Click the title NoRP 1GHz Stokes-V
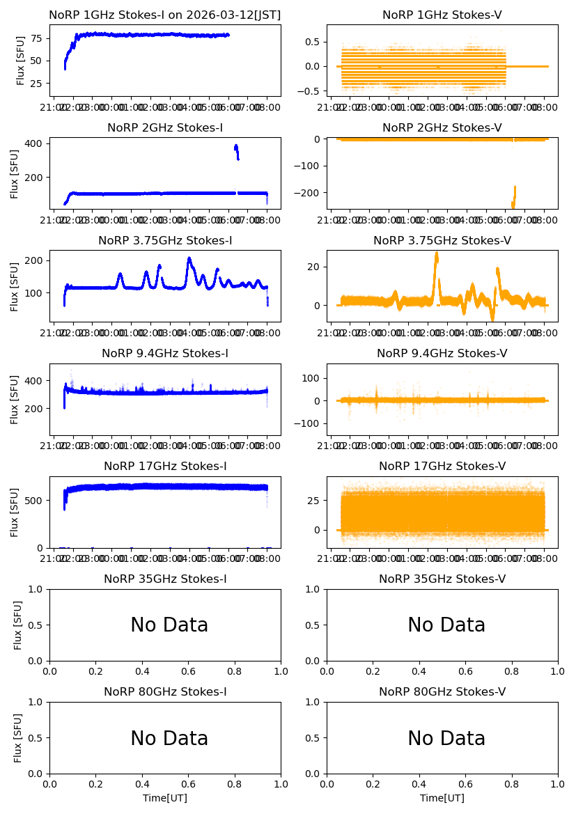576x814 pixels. coord(442,15)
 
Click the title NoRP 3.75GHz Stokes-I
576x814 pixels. coord(165,240)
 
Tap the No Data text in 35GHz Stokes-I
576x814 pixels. coord(169,625)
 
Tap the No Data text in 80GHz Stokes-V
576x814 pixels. coord(446,738)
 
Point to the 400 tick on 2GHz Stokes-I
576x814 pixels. coord(36,143)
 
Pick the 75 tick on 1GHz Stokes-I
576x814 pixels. coord(38,38)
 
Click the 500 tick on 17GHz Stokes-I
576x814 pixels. coord(36,500)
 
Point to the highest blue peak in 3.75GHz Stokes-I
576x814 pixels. coord(189,259)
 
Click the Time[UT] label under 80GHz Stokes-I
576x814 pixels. coord(165,798)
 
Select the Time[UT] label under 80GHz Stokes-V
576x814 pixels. coord(442,798)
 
